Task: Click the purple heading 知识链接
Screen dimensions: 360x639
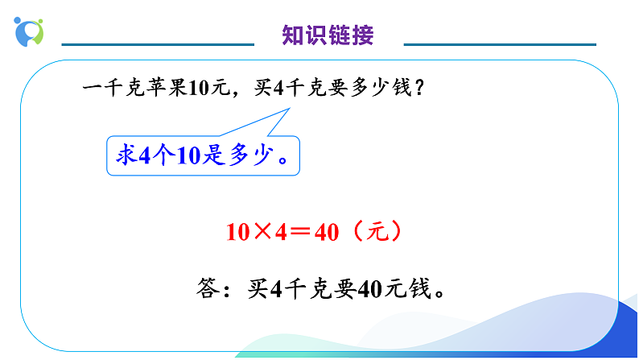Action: point(328,35)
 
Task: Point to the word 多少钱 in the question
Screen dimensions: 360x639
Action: point(381,90)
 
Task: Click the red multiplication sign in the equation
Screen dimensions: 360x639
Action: point(263,233)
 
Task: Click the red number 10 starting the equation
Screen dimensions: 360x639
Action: point(239,233)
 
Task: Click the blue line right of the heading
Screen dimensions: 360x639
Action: point(498,44)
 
